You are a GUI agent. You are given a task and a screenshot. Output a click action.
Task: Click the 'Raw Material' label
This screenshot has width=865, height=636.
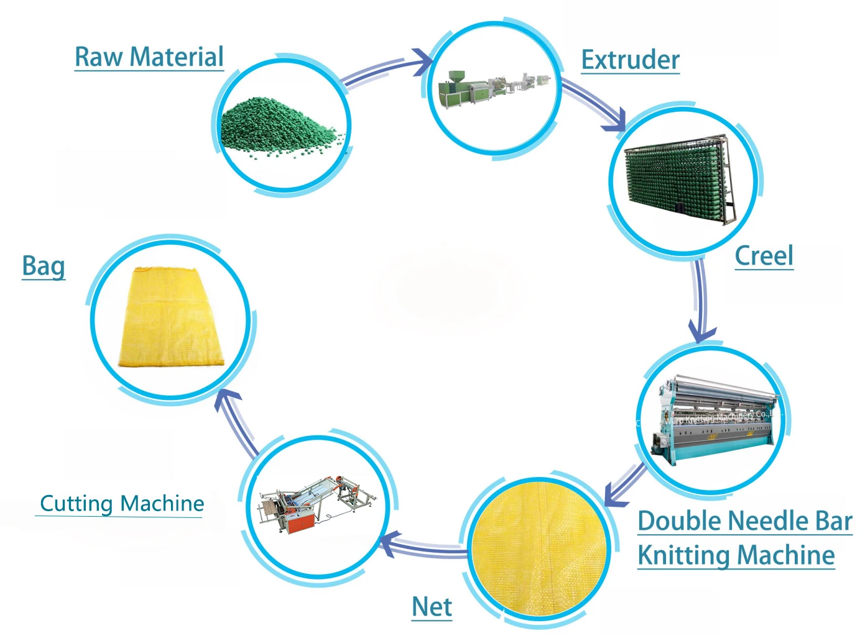click(149, 57)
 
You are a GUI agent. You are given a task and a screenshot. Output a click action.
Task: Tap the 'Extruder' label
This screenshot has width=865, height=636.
click(630, 60)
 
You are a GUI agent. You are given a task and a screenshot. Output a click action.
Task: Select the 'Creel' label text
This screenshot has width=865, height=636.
click(764, 256)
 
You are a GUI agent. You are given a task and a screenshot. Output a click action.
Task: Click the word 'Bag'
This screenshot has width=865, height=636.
click(44, 266)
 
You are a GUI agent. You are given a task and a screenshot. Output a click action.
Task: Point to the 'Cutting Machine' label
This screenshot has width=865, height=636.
click(122, 503)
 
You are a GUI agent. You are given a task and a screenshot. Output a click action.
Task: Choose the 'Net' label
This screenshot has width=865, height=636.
click(432, 607)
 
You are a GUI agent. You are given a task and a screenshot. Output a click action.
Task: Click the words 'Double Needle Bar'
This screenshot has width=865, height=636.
click(744, 521)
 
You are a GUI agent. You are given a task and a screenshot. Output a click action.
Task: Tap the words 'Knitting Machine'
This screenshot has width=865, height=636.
click(736, 555)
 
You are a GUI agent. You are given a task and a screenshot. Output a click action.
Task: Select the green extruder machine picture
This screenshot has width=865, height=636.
click(494, 90)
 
